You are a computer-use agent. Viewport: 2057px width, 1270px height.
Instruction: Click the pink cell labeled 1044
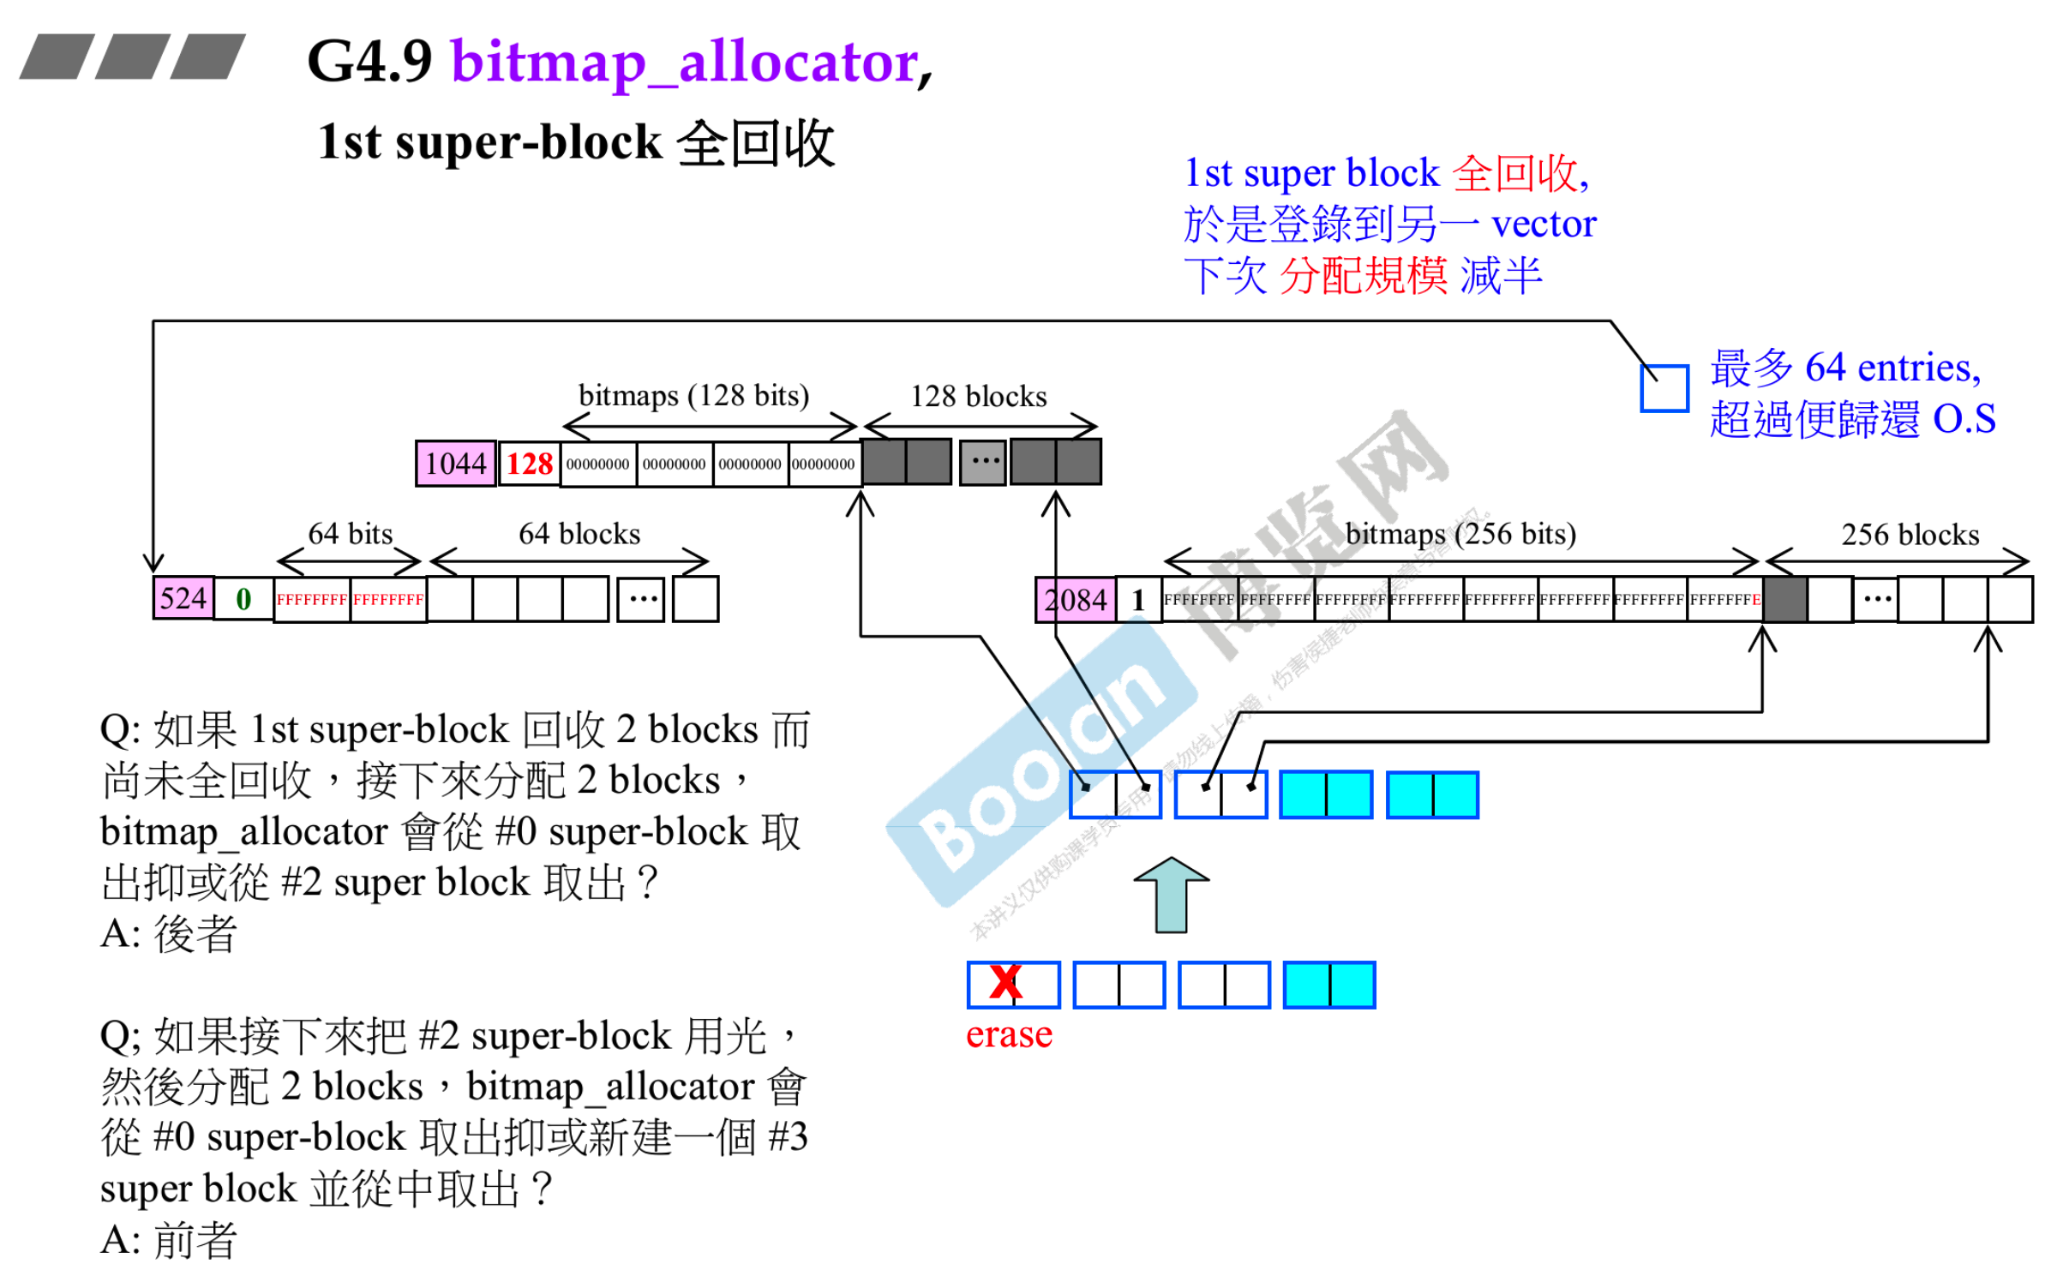(x=455, y=464)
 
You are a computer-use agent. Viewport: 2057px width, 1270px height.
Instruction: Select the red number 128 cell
(x=529, y=464)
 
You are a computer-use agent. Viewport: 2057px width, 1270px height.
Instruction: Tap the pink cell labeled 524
(x=183, y=598)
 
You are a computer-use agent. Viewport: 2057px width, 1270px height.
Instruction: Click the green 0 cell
(x=243, y=598)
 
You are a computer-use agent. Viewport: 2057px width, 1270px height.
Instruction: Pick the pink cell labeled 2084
(x=1075, y=599)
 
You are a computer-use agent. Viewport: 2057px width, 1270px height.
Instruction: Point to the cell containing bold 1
(x=1138, y=599)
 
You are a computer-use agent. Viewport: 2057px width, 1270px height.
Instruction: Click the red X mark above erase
(x=1005, y=982)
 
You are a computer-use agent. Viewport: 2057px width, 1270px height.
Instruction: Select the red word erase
(x=1008, y=1035)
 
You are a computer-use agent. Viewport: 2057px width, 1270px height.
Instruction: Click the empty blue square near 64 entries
(x=1664, y=388)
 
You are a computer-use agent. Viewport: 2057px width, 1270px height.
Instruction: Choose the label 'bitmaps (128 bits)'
(x=693, y=396)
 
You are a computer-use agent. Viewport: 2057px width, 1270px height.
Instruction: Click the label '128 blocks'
(x=978, y=396)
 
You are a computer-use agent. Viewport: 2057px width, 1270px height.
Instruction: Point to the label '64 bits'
(x=350, y=534)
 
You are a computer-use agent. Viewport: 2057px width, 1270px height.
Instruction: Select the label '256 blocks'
(x=1910, y=535)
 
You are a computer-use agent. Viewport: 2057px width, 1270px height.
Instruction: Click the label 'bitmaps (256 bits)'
(x=1460, y=534)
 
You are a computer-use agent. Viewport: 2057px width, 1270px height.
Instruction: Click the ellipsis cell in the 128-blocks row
(x=983, y=463)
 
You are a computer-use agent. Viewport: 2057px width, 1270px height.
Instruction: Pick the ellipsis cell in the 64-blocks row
(x=641, y=599)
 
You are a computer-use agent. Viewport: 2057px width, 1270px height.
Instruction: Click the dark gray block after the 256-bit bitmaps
(x=1784, y=599)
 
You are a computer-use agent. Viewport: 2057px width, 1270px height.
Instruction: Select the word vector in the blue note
(x=1543, y=224)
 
